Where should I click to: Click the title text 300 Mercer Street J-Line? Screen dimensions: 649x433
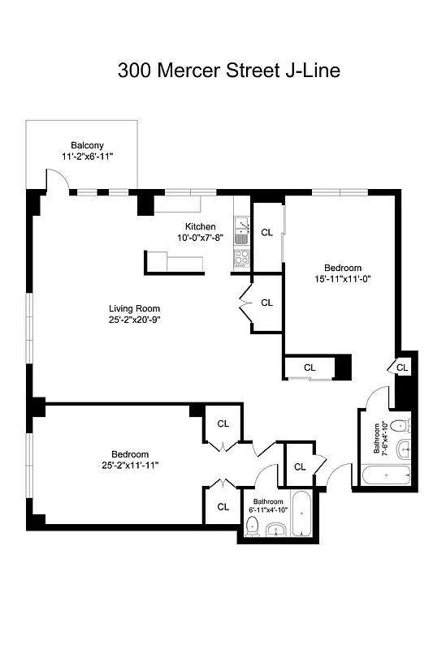pyautogui.click(x=228, y=71)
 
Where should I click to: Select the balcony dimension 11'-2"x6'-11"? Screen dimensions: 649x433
pyautogui.click(x=86, y=156)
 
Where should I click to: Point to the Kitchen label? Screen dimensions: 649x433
pyautogui.click(x=200, y=226)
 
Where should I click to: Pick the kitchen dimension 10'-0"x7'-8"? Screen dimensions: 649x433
pyautogui.click(x=200, y=237)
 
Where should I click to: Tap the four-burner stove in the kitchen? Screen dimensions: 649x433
pyautogui.click(x=241, y=257)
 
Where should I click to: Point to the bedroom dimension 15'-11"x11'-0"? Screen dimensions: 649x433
pyautogui.click(x=342, y=279)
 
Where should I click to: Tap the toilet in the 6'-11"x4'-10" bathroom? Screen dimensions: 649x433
pyautogui.click(x=252, y=527)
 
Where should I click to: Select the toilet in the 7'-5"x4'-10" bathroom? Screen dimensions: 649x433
pyautogui.click(x=398, y=427)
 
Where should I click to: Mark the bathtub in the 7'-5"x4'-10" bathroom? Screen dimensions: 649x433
pyautogui.click(x=383, y=474)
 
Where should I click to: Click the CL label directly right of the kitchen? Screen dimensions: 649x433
pyautogui.click(x=266, y=232)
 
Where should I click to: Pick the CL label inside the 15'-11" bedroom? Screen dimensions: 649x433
pyautogui.click(x=310, y=367)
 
